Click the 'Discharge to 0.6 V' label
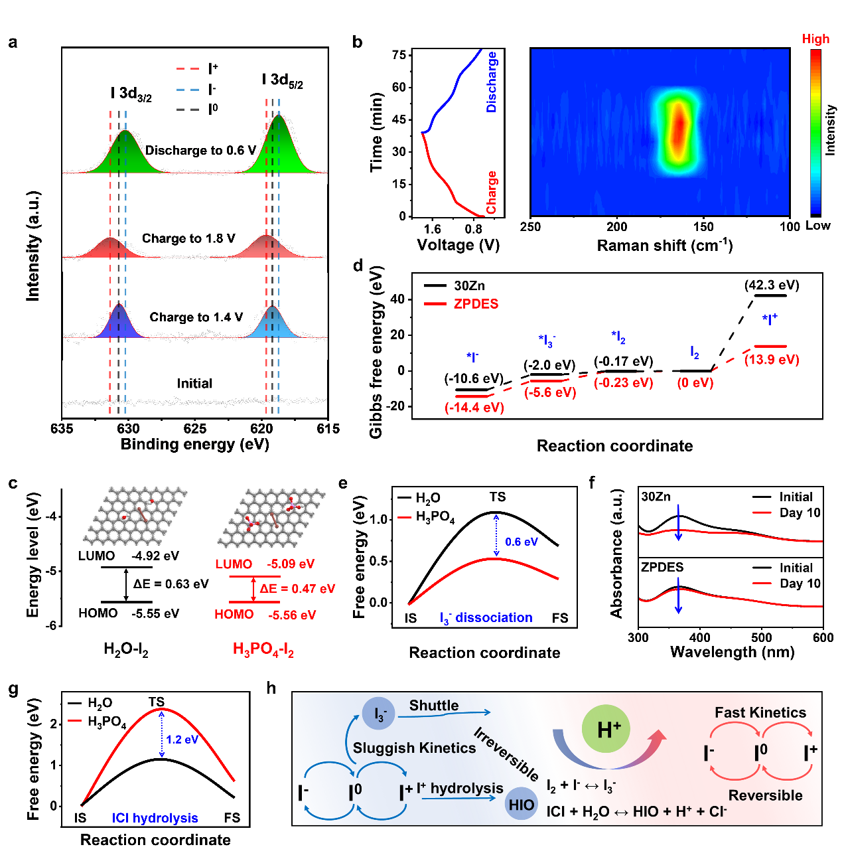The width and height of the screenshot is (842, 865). pyautogui.click(x=200, y=151)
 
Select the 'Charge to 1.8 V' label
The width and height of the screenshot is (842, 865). pyautogui.click(x=188, y=238)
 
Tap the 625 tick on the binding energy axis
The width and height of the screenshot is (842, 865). pyautogui.click(x=195, y=429)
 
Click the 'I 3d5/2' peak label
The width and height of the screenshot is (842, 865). pyautogui.click(x=282, y=81)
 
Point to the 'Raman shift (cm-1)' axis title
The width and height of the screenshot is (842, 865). pyautogui.click(x=664, y=246)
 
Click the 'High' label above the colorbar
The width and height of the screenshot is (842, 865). pyautogui.click(x=815, y=39)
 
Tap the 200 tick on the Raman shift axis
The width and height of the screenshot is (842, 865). pyautogui.click(x=616, y=227)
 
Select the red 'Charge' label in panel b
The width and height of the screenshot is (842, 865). pyautogui.click(x=492, y=193)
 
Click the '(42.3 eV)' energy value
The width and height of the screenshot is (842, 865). pyautogui.click(x=772, y=285)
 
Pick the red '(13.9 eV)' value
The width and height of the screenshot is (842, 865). pyautogui.click(x=772, y=360)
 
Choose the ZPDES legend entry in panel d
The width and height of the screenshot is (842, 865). pyautogui.click(x=476, y=304)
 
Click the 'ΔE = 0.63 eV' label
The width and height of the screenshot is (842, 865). pyautogui.click(x=171, y=584)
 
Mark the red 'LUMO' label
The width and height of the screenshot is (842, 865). pyautogui.click(x=234, y=564)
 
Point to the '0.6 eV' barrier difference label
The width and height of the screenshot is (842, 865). pyautogui.click(x=521, y=542)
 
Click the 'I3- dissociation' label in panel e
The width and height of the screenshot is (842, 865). pyautogui.click(x=486, y=618)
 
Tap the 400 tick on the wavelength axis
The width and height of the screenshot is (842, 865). pyautogui.click(x=700, y=638)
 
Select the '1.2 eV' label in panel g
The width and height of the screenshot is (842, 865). pyautogui.click(x=182, y=740)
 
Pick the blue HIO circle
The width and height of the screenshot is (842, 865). pyautogui.click(x=521, y=805)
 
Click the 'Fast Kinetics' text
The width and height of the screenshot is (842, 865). pyautogui.click(x=760, y=713)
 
